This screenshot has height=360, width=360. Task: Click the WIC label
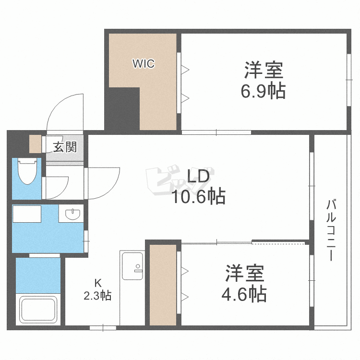(144, 63)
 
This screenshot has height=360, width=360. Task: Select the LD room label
(198, 176)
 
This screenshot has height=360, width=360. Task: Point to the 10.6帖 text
(199, 196)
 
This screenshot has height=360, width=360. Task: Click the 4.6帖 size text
(244, 294)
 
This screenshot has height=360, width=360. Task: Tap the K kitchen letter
(98, 284)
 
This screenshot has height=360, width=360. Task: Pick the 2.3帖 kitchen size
(97, 296)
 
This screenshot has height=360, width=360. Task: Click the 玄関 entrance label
(65, 147)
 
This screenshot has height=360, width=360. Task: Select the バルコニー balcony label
(331, 230)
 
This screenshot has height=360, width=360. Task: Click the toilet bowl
(27, 171)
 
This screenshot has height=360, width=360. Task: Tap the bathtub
(38, 310)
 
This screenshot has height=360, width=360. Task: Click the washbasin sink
(72, 214)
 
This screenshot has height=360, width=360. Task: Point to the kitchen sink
(132, 266)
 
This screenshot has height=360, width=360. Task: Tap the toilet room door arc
(63, 190)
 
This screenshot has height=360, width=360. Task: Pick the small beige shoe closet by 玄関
(36, 144)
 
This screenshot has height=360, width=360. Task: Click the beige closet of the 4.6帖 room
(163, 285)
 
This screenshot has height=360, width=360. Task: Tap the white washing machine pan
(27, 214)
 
